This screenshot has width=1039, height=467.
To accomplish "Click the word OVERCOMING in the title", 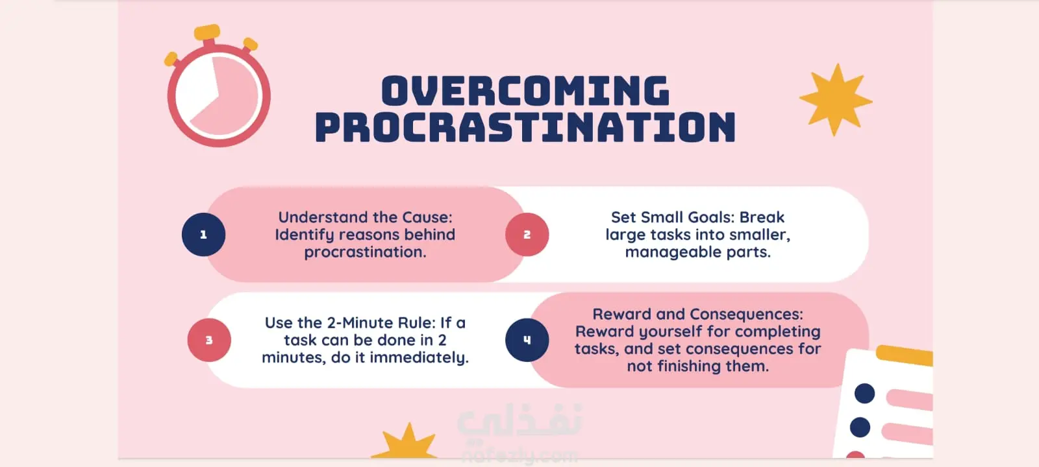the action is coord(525,91).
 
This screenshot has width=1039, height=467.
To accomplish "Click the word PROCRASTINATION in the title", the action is coord(525,127).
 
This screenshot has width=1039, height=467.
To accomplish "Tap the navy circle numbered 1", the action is coord(204,234).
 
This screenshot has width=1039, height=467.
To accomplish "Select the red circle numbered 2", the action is coord(527,234).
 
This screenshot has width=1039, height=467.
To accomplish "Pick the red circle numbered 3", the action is coord(209,340).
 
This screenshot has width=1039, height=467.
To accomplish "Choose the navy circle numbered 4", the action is coord(527,340).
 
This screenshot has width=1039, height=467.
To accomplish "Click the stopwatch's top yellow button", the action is coord(207,32).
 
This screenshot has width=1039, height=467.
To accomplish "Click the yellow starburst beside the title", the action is coord(836,100).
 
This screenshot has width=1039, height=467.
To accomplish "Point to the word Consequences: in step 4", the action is coord(746,315).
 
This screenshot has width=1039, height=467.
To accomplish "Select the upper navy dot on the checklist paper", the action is coord(864,393).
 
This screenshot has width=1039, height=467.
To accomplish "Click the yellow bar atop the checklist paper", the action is coord(905,355).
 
